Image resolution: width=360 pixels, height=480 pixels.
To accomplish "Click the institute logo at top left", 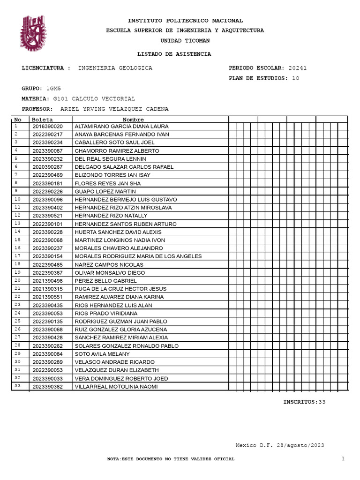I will tap(33, 33).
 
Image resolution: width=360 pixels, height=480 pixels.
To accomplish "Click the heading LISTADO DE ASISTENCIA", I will tap(173, 54).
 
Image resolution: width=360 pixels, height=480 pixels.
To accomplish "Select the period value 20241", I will tap(298, 68).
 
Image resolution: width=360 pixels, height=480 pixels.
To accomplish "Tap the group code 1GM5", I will tap(53, 88).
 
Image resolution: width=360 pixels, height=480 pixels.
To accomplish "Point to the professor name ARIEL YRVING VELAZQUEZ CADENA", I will tap(114, 109).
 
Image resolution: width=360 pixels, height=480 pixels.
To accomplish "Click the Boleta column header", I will tap(42, 120).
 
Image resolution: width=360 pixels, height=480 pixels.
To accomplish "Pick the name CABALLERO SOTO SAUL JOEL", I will tap(115, 142).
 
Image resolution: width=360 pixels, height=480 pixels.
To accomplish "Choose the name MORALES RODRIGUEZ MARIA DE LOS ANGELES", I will tap(138, 256).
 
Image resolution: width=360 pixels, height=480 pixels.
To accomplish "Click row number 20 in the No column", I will tap(18, 280).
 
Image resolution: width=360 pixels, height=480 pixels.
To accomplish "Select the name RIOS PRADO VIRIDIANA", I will tap(106, 313).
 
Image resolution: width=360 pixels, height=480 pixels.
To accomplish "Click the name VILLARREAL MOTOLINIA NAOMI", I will tap(116, 387).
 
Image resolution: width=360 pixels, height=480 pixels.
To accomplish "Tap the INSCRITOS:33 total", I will tap(304, 402).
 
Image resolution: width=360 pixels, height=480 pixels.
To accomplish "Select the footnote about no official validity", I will tap(171, 459).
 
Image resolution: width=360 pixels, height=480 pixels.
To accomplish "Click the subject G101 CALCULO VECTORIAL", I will tap(94, 98).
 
